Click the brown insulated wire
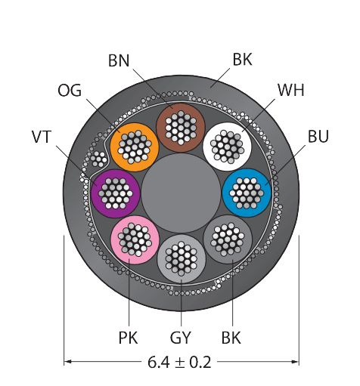(x=181, y=128)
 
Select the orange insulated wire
(x=135, y=147)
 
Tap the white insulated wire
(x=228, y=147)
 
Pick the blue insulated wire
(x=247, y=193)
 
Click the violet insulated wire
(x=115, y=193)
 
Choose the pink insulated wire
(x=135, y=239)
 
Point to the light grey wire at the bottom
(x=182, y=259)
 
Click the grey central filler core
(x=181, y=193)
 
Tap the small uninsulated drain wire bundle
(x=98, y=159)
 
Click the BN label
(x=119, y=60)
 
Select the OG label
(x=70, y=91)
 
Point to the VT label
(x=42, y=137)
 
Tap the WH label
(x=291, y=90)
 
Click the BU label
(x=318, y=136)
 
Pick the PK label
(x=128, y=338)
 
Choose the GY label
(x=181, y=338)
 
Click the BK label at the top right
(x=242, y=60)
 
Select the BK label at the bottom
(x=231, y=338)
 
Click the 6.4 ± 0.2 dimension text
(x=179, y=362)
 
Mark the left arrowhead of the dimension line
(x=67, y=362)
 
